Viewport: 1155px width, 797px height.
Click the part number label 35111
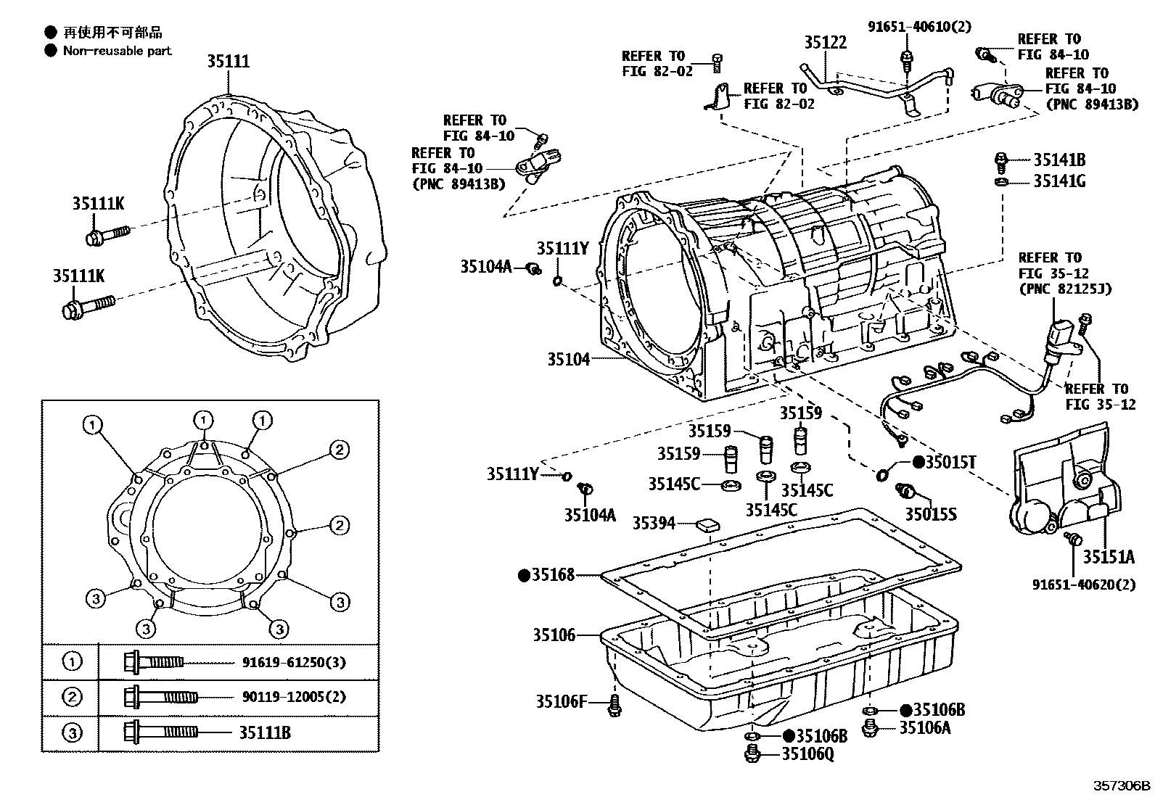click(228, 62)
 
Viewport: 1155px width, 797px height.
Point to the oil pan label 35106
click(554, 635)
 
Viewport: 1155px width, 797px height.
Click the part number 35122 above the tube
click(825, 43)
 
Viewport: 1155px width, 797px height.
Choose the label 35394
click(654, 523)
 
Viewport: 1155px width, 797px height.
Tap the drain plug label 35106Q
click(807, 755)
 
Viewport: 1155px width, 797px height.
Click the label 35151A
click(1109, 557)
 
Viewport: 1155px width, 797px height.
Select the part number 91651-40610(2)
click(919, 27)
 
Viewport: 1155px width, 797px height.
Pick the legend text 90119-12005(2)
click(292, 697)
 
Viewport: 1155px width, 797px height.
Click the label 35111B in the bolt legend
click(265, 732)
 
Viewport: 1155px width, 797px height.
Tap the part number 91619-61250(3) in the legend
click(294, 661)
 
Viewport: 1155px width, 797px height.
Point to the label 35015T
click(950, 462)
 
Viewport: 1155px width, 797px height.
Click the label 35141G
click(1059, 181)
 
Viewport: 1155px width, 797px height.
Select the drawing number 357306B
click(1122, 785)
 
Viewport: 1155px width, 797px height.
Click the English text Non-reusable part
click(117, 51)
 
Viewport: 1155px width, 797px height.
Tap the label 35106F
click(561, 701)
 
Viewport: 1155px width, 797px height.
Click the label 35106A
click(924, 728)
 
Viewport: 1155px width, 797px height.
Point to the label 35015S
click(930, 514)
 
